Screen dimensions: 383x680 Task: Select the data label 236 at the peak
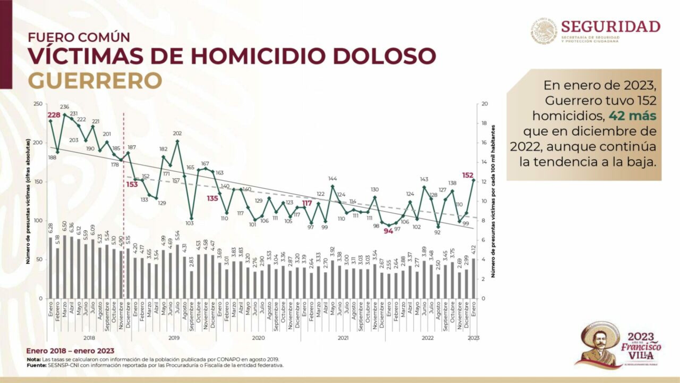pyautogui.click(x=65, y=107)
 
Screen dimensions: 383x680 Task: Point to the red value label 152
pyautogui.click(x=468, y=176)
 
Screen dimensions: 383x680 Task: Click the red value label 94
pyautogui.click(x=388, y=231)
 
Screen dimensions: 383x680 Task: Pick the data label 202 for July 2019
pyautogui.click(x=177, y=134)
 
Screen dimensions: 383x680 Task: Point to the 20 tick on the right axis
pyautogui.click(x=484, y=104)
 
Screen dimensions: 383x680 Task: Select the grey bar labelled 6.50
pyautogui.click(x=65, y=267)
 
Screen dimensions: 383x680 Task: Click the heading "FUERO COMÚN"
pyautogui.click(x=79, y=38)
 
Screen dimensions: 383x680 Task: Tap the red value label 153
pyautogui.click(x=132, y=184)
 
